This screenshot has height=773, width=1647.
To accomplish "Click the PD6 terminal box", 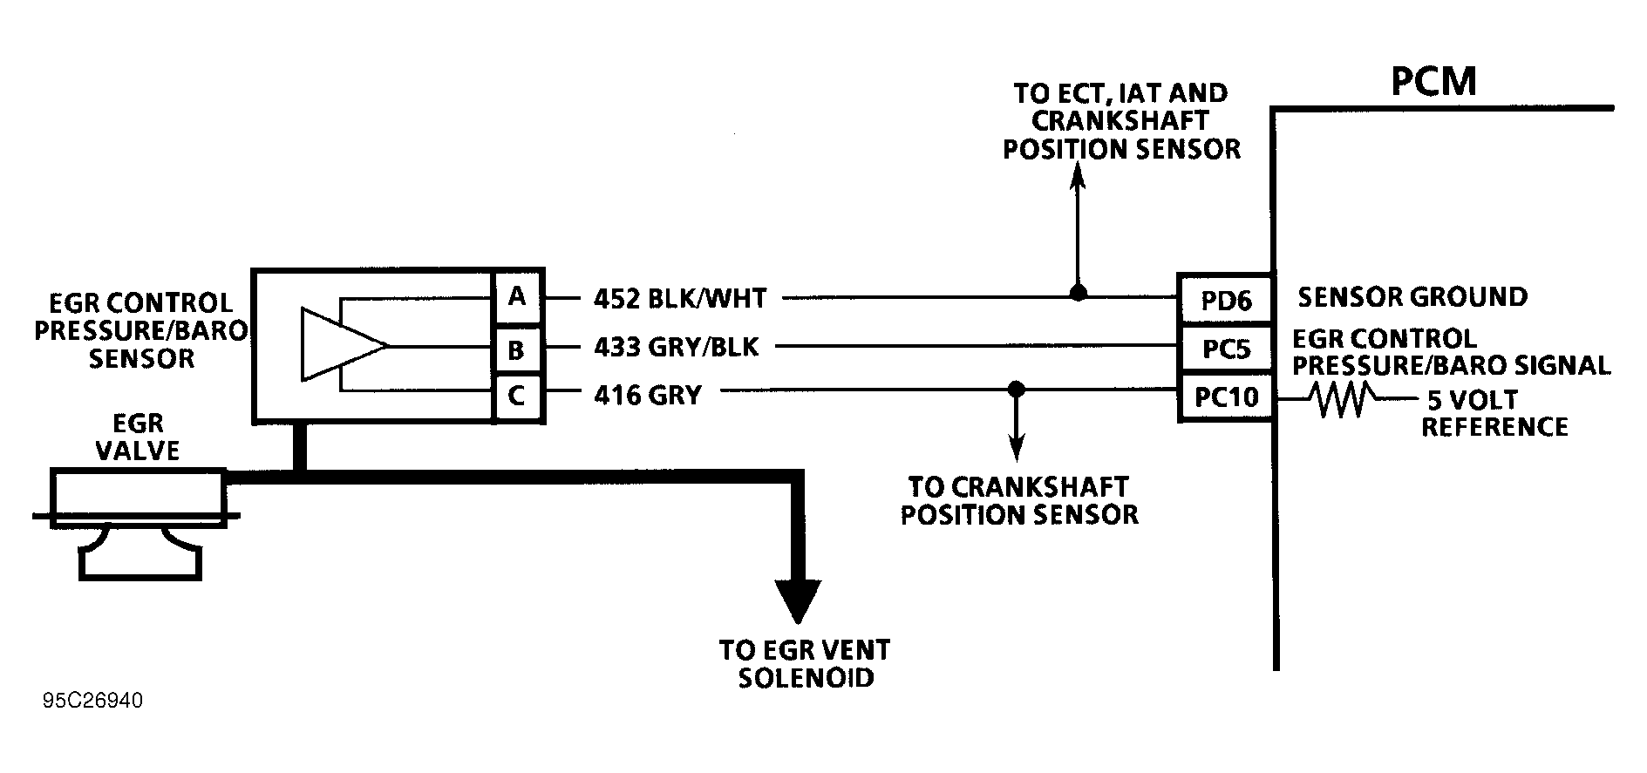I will [x=1224, y=301].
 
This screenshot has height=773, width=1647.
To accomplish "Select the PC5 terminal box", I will [x=1224, y=349].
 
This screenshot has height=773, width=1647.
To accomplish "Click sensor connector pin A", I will [x=518, y=297].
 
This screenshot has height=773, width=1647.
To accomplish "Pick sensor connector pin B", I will [x=518, y=349].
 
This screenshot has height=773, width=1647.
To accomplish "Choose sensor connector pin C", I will [x=518, y=397].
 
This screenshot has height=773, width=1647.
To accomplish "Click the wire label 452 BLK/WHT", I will [x=679, y=299].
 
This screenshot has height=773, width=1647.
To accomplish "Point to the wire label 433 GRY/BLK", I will [x=676, y=348].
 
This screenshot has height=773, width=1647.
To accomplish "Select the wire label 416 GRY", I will [x=647, y=396].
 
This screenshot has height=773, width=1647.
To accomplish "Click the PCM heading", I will [x=1433, y=82].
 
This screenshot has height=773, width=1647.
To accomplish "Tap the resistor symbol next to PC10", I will [x=1342, y=399].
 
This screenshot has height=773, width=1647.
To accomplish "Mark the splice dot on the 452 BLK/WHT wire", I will [x=1079, y=293].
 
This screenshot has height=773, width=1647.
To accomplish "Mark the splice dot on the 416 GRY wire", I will [x=1015, y=388].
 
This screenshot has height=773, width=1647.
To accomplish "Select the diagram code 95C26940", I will [x=92, y=702].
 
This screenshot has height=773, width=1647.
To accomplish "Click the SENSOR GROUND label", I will [x=1412, y=297].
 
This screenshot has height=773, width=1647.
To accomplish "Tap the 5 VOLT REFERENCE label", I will [x=1494, y=413].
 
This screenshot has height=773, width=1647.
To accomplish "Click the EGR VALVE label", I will [x=138, y=437].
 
